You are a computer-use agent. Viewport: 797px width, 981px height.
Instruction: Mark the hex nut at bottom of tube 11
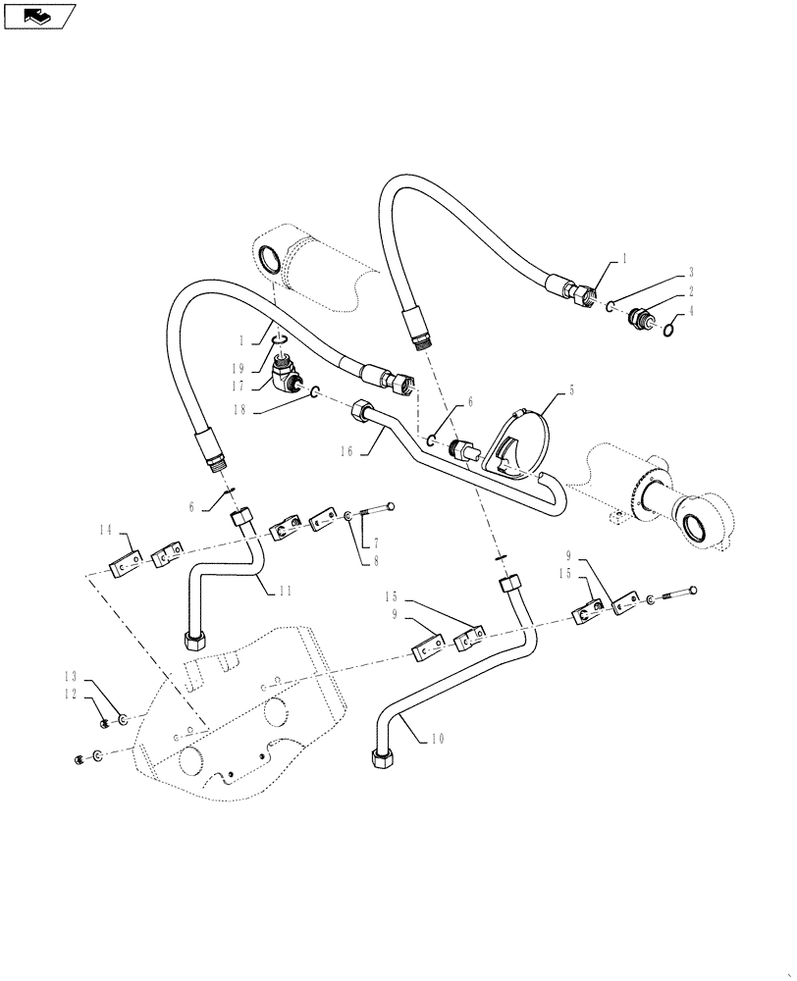(x=192, y=642)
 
